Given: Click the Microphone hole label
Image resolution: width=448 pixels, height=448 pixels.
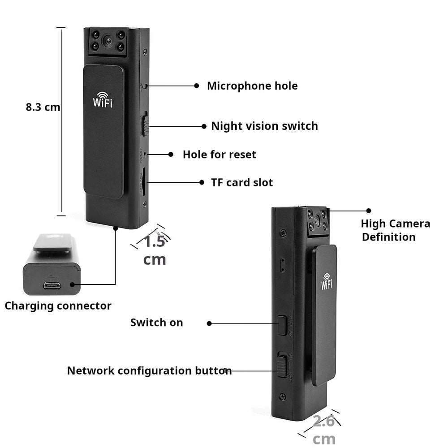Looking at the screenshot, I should (252, 86).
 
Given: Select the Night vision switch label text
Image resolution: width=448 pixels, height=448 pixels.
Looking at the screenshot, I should (264, 126).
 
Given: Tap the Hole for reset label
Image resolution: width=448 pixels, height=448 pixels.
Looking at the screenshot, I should (219, 155).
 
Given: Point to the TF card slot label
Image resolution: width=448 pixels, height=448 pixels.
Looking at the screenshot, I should (242, 182).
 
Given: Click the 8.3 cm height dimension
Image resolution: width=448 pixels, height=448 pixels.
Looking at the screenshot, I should (43, 107).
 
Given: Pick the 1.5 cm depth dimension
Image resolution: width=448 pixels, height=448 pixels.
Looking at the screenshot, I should (155, 250).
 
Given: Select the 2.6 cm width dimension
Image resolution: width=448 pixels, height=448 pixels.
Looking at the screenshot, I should (324, 430).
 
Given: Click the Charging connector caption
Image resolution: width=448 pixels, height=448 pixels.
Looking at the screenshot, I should (58, 306).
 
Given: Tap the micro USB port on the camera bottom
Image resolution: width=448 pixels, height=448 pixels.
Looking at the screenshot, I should (52, 285).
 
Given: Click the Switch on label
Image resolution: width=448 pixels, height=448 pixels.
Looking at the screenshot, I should (156, 323).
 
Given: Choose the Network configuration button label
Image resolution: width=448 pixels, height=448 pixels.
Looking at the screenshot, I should (149, 370).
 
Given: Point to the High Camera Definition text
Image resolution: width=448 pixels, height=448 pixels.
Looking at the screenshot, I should (395, 230).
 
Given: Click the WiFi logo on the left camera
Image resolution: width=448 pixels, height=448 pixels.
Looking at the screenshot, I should (103, 99).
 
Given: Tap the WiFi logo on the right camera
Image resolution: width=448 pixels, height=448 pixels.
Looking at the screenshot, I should (327, 281).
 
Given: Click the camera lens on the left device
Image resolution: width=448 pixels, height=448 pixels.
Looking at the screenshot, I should (108, 41).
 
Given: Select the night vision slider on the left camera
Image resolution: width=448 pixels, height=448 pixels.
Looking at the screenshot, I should (145, 125).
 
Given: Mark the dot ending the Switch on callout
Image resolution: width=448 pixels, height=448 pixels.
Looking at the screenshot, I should (209, 323).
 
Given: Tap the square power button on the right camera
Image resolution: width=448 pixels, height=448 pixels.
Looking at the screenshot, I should (281, 325).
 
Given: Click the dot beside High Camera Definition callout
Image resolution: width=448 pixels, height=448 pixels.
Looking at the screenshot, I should (369, 210).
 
